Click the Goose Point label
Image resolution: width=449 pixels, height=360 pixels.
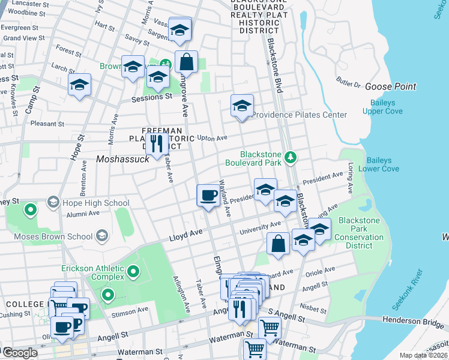point(390,86)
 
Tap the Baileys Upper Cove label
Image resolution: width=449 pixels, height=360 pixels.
point(382,107)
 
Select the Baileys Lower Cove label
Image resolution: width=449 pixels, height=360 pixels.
point(378,164)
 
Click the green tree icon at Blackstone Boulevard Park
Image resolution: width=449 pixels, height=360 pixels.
point(291,157)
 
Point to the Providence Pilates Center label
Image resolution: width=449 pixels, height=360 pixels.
point(300,115)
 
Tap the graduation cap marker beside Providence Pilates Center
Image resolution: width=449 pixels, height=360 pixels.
point(242,106)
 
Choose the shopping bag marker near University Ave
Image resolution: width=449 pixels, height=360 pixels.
point(278,244)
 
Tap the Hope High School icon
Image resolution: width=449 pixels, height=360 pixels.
point(53,203)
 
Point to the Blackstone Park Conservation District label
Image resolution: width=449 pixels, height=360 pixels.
point(359,233)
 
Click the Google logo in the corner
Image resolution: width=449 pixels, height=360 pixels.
point(20,353)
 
